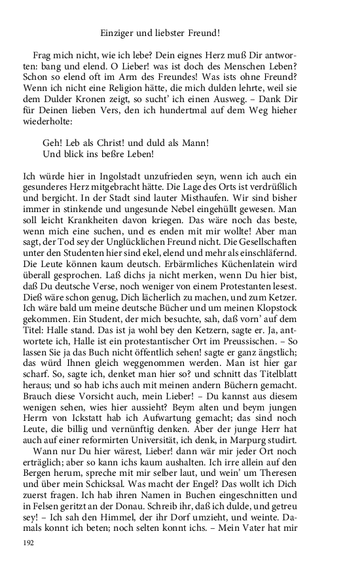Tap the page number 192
[28, 543]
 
